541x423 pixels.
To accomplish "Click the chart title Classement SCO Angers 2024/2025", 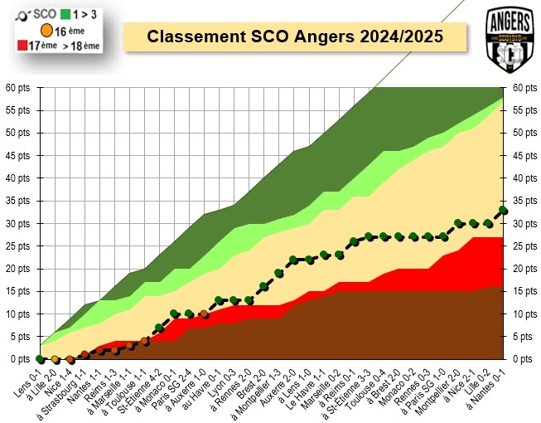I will [294, 37].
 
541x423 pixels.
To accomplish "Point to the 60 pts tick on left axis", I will [18, 87].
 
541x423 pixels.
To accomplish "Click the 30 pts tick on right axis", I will [524, 223].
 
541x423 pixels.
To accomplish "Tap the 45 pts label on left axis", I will [18, 155].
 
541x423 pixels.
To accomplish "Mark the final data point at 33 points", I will [503, 210].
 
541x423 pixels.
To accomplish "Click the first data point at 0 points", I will [40, 359].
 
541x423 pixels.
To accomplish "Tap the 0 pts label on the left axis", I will [18, 359].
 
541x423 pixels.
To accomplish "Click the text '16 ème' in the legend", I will [72, 31].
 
